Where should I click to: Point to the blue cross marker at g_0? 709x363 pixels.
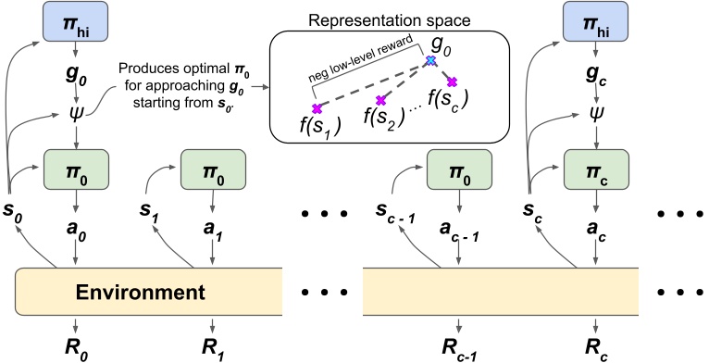429,62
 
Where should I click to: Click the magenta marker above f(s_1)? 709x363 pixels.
317,109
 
